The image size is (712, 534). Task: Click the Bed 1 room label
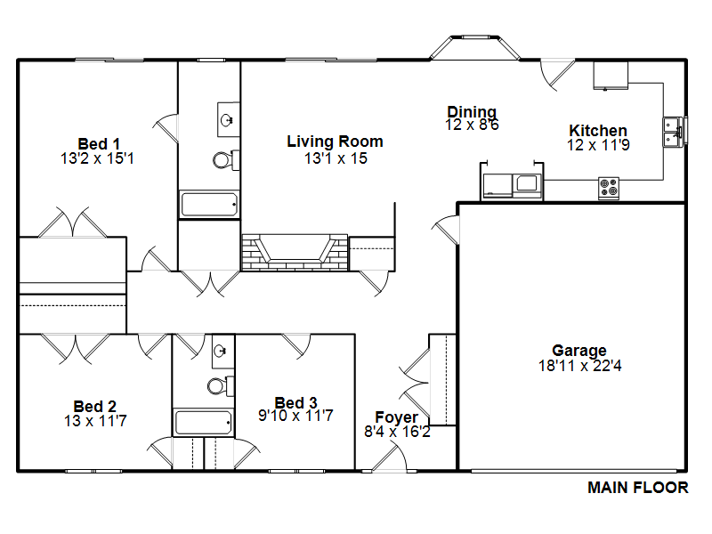click(99, 144)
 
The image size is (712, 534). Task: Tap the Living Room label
click(336, 142)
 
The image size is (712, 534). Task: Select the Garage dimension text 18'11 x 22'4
click(580, 365)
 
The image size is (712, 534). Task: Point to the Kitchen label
click(598, 130)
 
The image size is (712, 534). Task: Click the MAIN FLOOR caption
click(638, 488)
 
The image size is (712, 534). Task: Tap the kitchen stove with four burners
click(609, 188)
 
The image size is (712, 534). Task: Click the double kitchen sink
click(675, 132)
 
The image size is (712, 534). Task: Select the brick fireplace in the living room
click(295, 253)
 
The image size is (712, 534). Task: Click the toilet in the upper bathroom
click(226, 160)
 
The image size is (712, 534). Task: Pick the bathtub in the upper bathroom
click(209, 204)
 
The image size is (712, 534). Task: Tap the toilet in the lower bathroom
click(221, 386)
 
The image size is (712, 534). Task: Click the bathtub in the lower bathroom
click(204, 422)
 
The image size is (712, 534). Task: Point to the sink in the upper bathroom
click(229, 119)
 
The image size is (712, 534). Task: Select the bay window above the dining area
click(475, 47)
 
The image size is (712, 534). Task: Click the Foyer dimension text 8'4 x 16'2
click(397, 432)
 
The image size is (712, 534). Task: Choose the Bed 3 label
click(295, 402)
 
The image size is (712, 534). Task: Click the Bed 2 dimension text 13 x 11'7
click(95, 421)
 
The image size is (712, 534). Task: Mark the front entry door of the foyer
click(390, 457)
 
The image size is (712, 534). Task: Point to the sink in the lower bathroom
click(223, 351)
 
